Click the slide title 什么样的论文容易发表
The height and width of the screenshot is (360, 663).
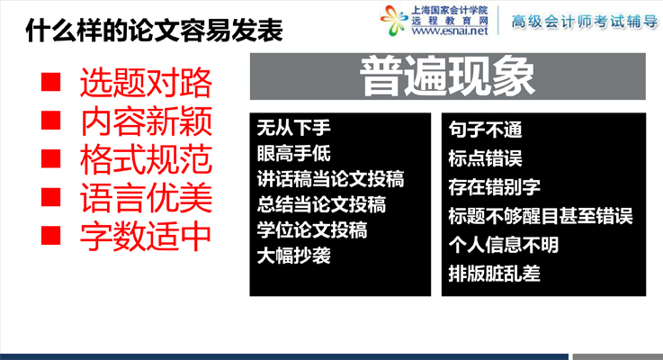pyautogui.click(x=155, y=30)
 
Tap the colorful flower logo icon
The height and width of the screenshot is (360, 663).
pyautogui.click(x=394, y=20)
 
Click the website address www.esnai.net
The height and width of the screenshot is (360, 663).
pyautogui.click(x=450, y=31)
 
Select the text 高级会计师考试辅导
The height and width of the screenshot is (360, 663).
pyautogui.click(x=585, y=22)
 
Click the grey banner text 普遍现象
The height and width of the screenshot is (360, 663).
pyautogui.click(x=447, y=76)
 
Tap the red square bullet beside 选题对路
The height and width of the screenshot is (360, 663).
pyautogui.click(x=50, y=82)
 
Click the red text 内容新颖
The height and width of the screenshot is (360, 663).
pyautogui.click(x=146, y=121)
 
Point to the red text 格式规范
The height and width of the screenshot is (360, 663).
pyautogui.click(x=146, y=160)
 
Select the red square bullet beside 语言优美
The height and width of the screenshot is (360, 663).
pyautogui.click(x=50, y=197)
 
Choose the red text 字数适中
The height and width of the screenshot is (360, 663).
pyautogui.click(x=146, y=236)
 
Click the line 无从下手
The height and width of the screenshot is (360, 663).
pyautogui.click(x=293, y=128)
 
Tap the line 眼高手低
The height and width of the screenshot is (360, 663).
pyautogui.click(x=293, y=153)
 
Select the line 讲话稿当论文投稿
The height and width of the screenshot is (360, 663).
pyautogui.click(x=330, y=179)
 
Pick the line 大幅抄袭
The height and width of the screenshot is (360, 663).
pyautogui.click(x=293, y=256)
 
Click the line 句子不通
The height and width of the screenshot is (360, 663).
pyautogui.click(x=486, y=130)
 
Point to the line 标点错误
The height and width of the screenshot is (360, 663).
pyautogui.click(x=486, y=158)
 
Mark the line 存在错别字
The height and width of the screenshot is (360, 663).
pyautogui.click(x=494, y=187)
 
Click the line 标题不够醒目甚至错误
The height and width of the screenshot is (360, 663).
pyautogui.click(x=541, y=216)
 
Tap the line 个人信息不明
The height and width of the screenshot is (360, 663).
pyautogui.click(x=504, y=245)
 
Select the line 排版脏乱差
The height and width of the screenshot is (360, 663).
pyautogui.click(x=494, y=274)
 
